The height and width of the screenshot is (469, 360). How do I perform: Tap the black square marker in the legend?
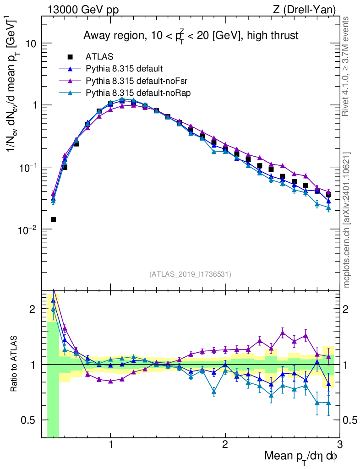pos(70,57)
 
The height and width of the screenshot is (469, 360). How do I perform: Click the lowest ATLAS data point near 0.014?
pos(53,220)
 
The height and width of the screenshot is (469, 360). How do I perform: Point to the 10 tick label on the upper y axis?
pos(31,44)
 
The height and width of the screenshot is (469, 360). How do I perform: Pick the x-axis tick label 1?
pos(110,445)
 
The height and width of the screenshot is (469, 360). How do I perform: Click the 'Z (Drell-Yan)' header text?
pos(308,9)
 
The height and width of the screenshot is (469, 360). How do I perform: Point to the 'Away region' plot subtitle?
pos(191,36)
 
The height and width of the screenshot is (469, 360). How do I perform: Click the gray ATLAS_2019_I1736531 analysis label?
pos(190,274)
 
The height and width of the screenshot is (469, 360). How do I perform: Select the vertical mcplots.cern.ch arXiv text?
pos(348,220)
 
